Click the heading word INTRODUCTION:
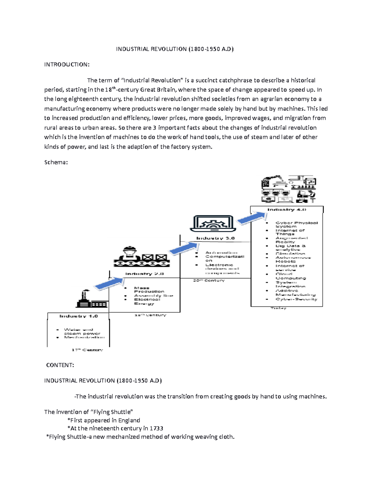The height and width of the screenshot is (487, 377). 67,65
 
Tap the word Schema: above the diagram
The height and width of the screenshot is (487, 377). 56,162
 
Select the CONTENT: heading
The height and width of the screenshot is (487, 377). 60,365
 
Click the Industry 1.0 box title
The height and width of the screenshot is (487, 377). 79,316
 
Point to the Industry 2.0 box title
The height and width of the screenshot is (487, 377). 145,274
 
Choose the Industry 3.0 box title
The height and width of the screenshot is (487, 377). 215,238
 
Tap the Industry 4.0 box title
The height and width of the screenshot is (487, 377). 287,209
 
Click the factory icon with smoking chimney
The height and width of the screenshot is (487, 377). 91,299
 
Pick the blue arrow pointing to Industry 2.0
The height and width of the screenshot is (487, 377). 109,283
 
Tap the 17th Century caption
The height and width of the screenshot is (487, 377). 87,350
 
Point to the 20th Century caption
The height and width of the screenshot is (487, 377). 209,280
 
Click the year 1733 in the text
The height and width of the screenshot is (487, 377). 156,428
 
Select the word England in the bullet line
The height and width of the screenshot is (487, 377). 129,420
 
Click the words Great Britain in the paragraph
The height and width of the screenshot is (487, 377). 158,90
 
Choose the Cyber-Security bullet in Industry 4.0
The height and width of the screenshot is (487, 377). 296,299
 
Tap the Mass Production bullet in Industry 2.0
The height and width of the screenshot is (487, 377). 149,289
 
